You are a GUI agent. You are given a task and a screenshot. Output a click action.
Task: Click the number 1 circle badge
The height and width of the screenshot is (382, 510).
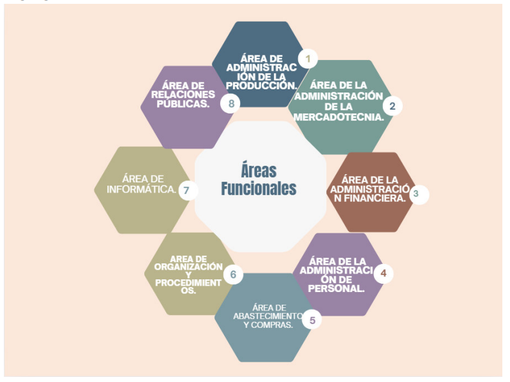308,59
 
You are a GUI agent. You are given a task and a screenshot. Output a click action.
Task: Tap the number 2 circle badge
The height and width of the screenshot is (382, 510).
393,106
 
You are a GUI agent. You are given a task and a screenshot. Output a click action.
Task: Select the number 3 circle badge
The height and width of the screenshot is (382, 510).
419,195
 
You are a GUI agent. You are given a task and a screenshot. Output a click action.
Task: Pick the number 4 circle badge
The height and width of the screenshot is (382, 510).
384,273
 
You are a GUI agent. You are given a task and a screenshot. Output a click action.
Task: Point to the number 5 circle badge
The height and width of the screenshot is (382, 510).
312,320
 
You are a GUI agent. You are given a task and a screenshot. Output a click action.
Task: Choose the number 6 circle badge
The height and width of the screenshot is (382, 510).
233,274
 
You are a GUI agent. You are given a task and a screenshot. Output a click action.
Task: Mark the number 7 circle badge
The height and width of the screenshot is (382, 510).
188,190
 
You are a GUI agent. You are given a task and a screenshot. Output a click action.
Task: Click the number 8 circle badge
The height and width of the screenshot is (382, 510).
230,103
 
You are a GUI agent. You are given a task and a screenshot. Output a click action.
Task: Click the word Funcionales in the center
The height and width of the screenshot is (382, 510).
259,188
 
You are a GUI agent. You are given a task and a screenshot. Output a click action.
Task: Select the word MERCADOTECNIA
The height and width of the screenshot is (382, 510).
338,117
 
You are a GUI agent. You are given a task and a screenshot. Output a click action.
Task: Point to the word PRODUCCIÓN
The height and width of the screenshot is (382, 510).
262,85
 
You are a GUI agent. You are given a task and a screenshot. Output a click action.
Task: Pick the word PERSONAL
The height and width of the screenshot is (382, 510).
336,288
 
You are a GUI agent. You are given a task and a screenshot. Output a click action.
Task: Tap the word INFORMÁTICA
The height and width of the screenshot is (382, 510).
142,189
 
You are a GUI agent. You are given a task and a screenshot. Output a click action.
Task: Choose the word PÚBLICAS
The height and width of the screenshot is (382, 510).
183,103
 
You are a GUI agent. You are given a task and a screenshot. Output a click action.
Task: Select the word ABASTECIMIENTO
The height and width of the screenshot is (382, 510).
267,316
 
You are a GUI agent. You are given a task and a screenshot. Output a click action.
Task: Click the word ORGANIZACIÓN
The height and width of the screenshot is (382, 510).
188,267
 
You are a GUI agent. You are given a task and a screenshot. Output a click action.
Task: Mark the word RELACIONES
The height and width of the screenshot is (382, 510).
183,94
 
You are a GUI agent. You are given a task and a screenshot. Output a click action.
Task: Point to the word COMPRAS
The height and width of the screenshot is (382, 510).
272,325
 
